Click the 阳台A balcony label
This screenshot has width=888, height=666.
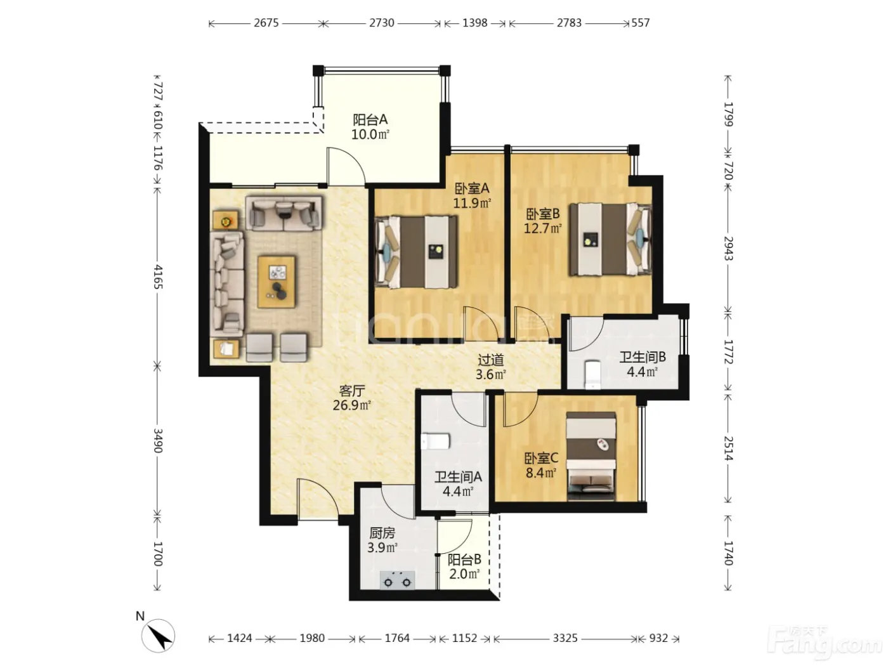[x=370, y=120]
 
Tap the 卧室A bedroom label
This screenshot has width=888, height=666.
[x=472, y=188]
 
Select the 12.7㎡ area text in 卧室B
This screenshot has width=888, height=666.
[x=542, y=228]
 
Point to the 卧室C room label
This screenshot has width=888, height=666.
[x=541, y=458]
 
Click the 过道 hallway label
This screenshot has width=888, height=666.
[x=491, y=360]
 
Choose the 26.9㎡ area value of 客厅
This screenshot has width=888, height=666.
[x=351, y=405]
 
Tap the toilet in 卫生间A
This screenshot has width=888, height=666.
[x=435, y=441]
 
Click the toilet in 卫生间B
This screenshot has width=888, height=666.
[x=592, y=374]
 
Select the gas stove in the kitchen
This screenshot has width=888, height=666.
[x=397, y=581]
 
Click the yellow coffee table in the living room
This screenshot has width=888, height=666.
[x=277, y=281]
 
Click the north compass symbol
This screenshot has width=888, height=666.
[x=158, y=636]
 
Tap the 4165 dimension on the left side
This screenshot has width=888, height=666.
[x=158, y=277]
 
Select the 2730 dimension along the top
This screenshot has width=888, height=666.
[x=381, y=23]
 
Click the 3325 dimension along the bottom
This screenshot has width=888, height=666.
[x=565, y=638]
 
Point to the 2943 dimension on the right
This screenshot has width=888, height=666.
[x=728, y=248]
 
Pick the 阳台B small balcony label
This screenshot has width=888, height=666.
[x=464, y=559]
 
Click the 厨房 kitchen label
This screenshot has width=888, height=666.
[x=381, y=533]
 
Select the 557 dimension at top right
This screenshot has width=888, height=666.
[x=641, y=23]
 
